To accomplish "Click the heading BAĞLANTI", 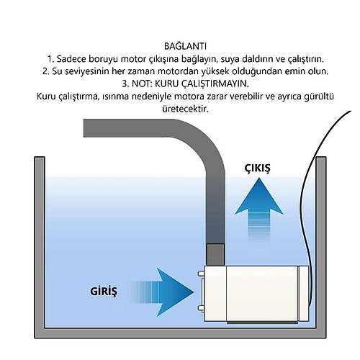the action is [185, 46].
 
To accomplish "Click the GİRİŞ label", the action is [104, 292].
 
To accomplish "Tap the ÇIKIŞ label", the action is [257, 168].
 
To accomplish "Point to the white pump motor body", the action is [256, 294].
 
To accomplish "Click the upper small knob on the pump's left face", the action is [201, 274].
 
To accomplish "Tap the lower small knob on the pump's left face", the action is [201, 308].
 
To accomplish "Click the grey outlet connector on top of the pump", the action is [215, 254].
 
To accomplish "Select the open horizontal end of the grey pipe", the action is [84, 128].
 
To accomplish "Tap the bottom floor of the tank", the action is [180, 333].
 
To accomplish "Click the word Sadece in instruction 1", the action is [71, 59].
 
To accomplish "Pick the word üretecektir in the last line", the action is [185, 109].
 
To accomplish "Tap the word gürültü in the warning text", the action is [319, 96].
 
